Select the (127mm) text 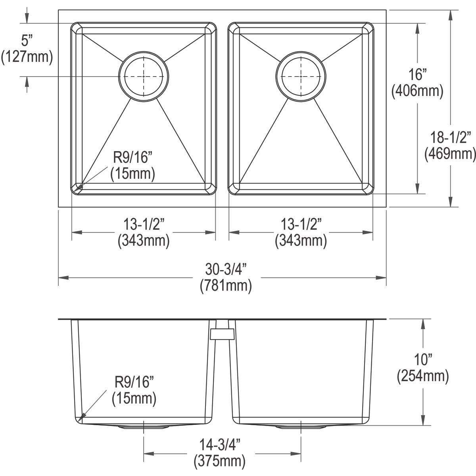tap(27, 56)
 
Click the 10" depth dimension tap(423, 360)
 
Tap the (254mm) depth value tap(423, 376)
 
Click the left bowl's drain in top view tap(144, 76)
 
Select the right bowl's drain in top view tap(300, 76)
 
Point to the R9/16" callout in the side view tap(134, 382)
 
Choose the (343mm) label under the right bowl tap(301, 240)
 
